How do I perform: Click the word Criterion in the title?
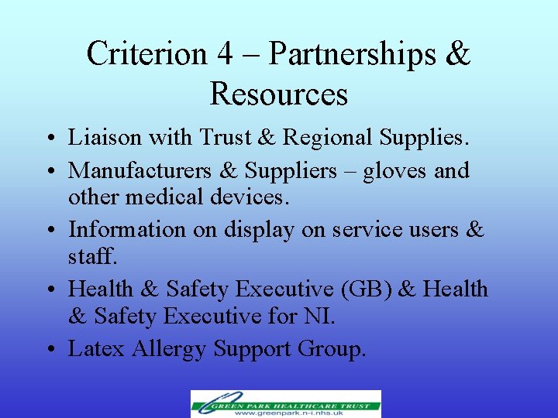[x=146, y=54]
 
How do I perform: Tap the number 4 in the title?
[x=224, y=54]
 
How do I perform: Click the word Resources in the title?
[x=278, y=94]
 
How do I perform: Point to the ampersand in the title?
[x=459, y=54]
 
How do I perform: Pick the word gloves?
[x=387, y=170]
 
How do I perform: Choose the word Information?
[x=127, y=229]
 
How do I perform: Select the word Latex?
[x=96, y=349]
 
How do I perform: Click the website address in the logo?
[x=294, y=412]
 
